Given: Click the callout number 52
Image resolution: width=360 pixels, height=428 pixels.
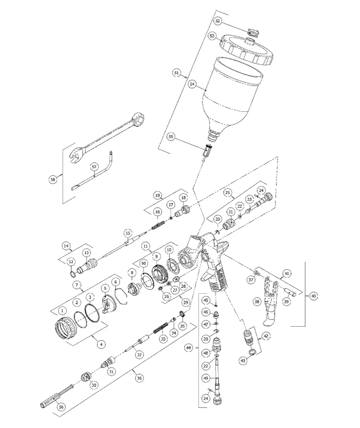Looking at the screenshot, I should [x=218, y=21].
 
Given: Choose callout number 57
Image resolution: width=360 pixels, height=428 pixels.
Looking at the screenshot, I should [x=94, y=167].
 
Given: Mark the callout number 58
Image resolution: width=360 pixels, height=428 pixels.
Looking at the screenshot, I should [x=53, y=179].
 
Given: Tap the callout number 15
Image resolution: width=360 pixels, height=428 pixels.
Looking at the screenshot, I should [x=127, y=232].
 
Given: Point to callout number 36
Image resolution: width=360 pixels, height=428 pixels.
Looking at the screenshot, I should [x=138, y=378].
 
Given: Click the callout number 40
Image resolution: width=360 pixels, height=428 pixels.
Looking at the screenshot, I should [x=313, y=296].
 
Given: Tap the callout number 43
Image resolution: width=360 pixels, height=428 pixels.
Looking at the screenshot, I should [x=243, y=361].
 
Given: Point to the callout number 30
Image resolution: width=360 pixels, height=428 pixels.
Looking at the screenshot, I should [x=94, y=385].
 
